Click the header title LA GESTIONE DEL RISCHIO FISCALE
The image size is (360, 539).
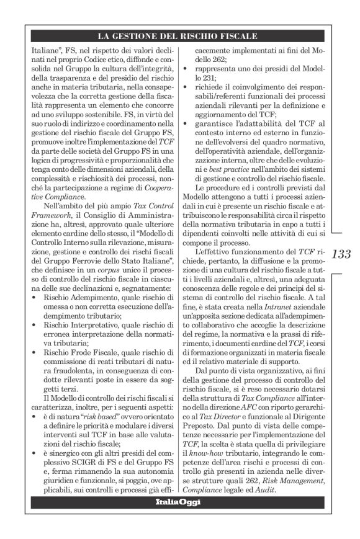[179, 37]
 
